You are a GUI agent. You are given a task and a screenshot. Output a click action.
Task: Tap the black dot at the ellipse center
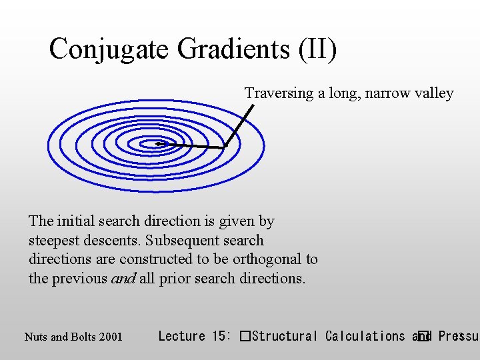click(x=159, y=143)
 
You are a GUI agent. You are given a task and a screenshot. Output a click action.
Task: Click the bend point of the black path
click(x=225, y=147)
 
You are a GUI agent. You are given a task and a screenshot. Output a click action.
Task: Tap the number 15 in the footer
click(x=220, y=336)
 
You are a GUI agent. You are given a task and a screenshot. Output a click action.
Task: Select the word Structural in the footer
click(x=286, y=336)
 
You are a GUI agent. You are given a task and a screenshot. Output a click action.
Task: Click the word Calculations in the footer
click(x=365, y=336)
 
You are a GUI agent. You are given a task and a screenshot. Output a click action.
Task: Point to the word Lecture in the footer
click(x=182, y=336)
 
